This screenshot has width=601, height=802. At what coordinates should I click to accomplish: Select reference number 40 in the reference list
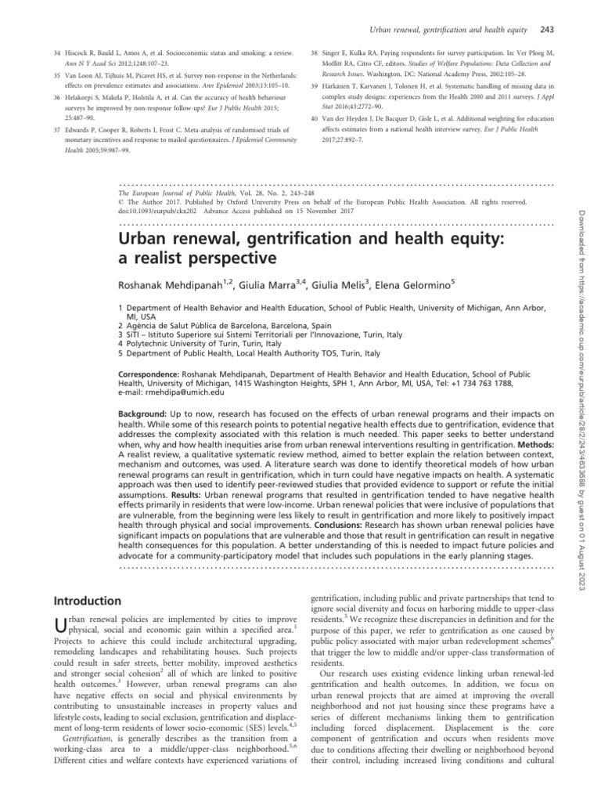pyautogui.click(x=315, y=117)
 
